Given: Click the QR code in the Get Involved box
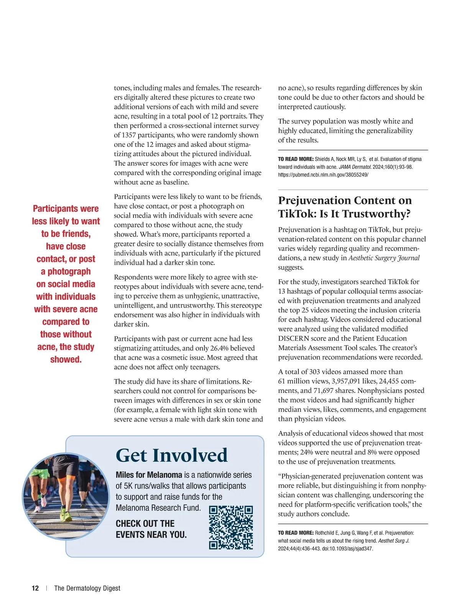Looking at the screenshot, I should (231, 527).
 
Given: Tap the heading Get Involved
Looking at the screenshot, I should (172, 455).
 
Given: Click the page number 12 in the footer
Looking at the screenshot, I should (35, 588).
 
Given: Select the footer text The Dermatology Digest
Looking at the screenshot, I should (87, 588).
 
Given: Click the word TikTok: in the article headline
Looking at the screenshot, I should (297, 214).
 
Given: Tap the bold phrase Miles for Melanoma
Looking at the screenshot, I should (149, 475).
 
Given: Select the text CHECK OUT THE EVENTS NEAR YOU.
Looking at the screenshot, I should (151, 529).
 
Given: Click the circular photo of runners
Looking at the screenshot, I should (66, 496).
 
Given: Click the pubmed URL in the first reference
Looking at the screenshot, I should (323, 175).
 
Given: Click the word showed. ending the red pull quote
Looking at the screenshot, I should (66, 360).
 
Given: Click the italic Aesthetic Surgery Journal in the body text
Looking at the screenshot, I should (384, 258).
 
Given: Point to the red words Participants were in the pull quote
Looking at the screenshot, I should (66, 209).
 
